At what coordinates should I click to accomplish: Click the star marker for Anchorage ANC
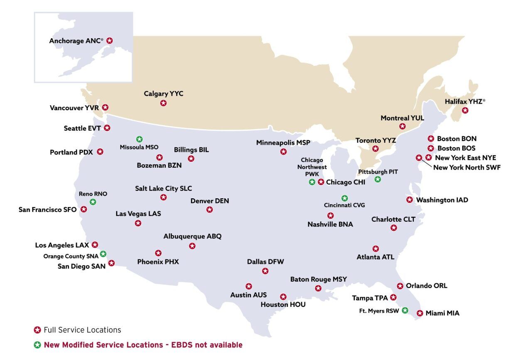click(x=109, y=41)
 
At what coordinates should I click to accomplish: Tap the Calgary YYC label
click(x=164, y=94)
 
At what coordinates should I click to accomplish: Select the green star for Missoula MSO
click(x=140, y=139)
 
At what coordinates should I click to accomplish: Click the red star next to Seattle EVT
click(x=107, y=128)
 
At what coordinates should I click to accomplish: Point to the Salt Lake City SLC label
click(x=164, y=188)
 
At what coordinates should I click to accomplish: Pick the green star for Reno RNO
click(x=93, y=202)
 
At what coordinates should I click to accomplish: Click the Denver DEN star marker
click(x=210, y=210)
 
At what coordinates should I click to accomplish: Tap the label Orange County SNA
click(x=71, y=256)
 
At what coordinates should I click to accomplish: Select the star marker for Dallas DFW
click(x=265, y=271)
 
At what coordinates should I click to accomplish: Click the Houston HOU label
click(x=283, y=305)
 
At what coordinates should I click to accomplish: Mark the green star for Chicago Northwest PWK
click(x=312, y=182)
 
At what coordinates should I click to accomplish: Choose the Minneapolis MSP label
click(x=283, y=143)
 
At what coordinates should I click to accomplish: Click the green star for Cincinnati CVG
click(x=344, y=198)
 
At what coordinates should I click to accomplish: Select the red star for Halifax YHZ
click(x=465, y=110)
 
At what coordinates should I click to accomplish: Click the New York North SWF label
click(x=467, y=168)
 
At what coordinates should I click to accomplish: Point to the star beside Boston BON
click(x=431, y=139)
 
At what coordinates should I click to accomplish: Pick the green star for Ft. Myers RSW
click(x=405, y=310)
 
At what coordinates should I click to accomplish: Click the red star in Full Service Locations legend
click(x=37, y=330)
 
